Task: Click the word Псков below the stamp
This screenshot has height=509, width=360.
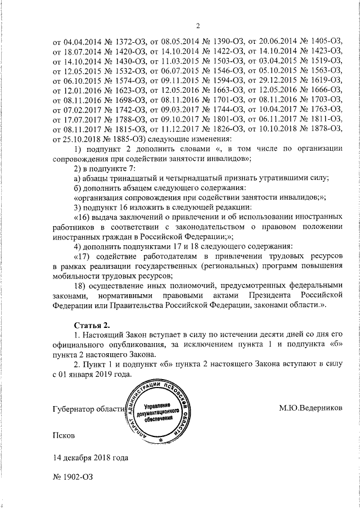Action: (x=63, y=435)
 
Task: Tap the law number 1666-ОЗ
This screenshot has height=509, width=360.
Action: (x=322, y=90)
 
